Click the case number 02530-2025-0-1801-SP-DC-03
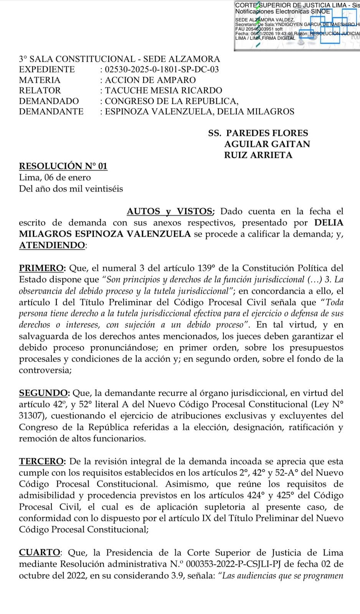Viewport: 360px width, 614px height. [x=162, y=69]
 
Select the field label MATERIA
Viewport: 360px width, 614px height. [x=40, y=80]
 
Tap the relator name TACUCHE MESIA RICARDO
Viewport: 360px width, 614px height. [x=163, y=91]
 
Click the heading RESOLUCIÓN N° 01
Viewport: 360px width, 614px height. [x=63, y=166]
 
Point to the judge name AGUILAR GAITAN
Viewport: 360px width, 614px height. [x=267, y=144]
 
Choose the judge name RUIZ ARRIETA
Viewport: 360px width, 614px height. [x=258, y=155]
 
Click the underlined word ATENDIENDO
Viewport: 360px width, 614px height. [x=52, y=246]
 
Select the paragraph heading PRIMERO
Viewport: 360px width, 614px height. [x=41, y=268]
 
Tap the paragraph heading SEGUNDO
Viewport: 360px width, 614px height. [x=43, y=393]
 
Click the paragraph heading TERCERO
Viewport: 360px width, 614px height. [x=41, y=462]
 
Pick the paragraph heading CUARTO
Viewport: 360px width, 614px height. [x=40, y=553]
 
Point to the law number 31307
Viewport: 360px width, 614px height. [x=32, y=416]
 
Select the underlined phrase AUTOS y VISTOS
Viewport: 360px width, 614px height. [x=170, y=211]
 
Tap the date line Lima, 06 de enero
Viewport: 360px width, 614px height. [x=55, y=178]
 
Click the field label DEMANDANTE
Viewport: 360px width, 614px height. [x=51, y=112]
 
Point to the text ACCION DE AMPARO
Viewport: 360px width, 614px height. [x=150, y=80]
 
